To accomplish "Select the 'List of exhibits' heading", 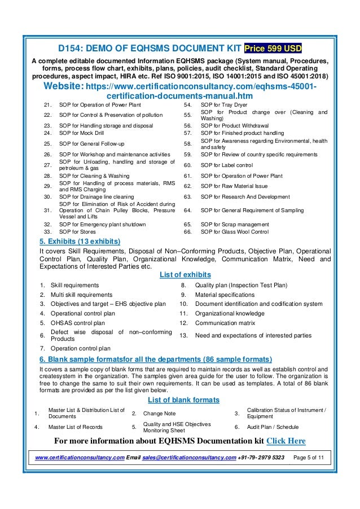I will click(186, 275).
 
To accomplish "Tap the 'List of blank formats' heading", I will click(184, 400).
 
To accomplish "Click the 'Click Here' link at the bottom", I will click(286, 441).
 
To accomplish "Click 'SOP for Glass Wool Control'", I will click(235, 231).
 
